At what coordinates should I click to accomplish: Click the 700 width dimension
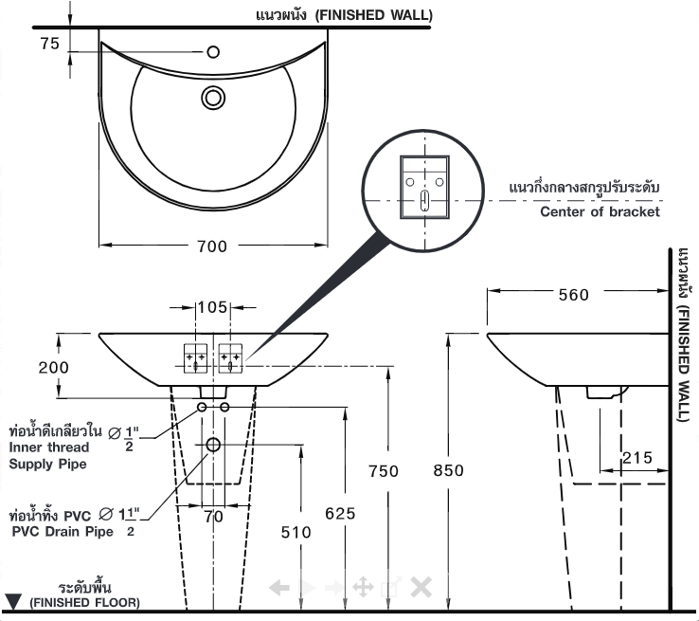pos(212,247)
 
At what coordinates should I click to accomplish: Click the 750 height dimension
pos(384,471)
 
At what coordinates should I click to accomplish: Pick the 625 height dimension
pos(339,513)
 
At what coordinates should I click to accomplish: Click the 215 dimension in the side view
pos(637,458)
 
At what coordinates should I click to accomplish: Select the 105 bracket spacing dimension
pos(212,307)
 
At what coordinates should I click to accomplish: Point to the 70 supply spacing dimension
pos(212,516)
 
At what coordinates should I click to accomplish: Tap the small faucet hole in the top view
pos(212,50)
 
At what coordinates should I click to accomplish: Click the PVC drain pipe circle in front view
pos(213,445)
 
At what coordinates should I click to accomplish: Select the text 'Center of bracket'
pos(600,212)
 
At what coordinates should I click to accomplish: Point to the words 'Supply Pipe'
pos(47,465)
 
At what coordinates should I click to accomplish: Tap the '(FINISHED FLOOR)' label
pos(84,602)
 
